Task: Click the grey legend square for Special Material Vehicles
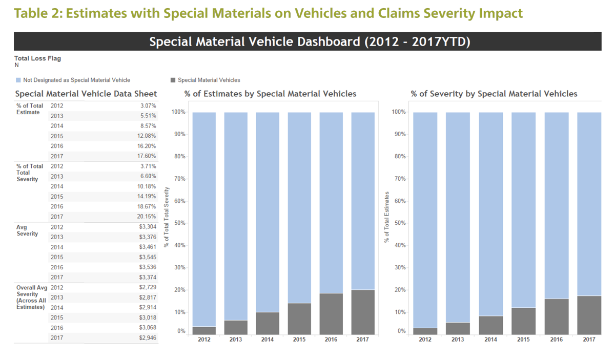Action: pyautogui.click(x=173, y=80)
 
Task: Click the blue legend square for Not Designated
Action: pyautogui.click(x=18, y=80)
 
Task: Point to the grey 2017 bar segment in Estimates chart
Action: pyautogui.click(x=362, y=312)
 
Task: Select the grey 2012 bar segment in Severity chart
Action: pyautogui.click(x=425, y=331)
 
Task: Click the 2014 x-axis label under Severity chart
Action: pyautogui.click(x=491, y=340)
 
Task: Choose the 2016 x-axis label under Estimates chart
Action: pyautogui.click(x=331, y=340)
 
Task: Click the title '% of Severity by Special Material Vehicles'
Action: pyautogui.click(x=494, y=94)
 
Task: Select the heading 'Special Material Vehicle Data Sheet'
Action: pyautogui.click(x=86, y=94)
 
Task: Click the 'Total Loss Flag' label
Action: pyautogui.click(x=37, y=58)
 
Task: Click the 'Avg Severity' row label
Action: pyautogui.click(x=27, y=230)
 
